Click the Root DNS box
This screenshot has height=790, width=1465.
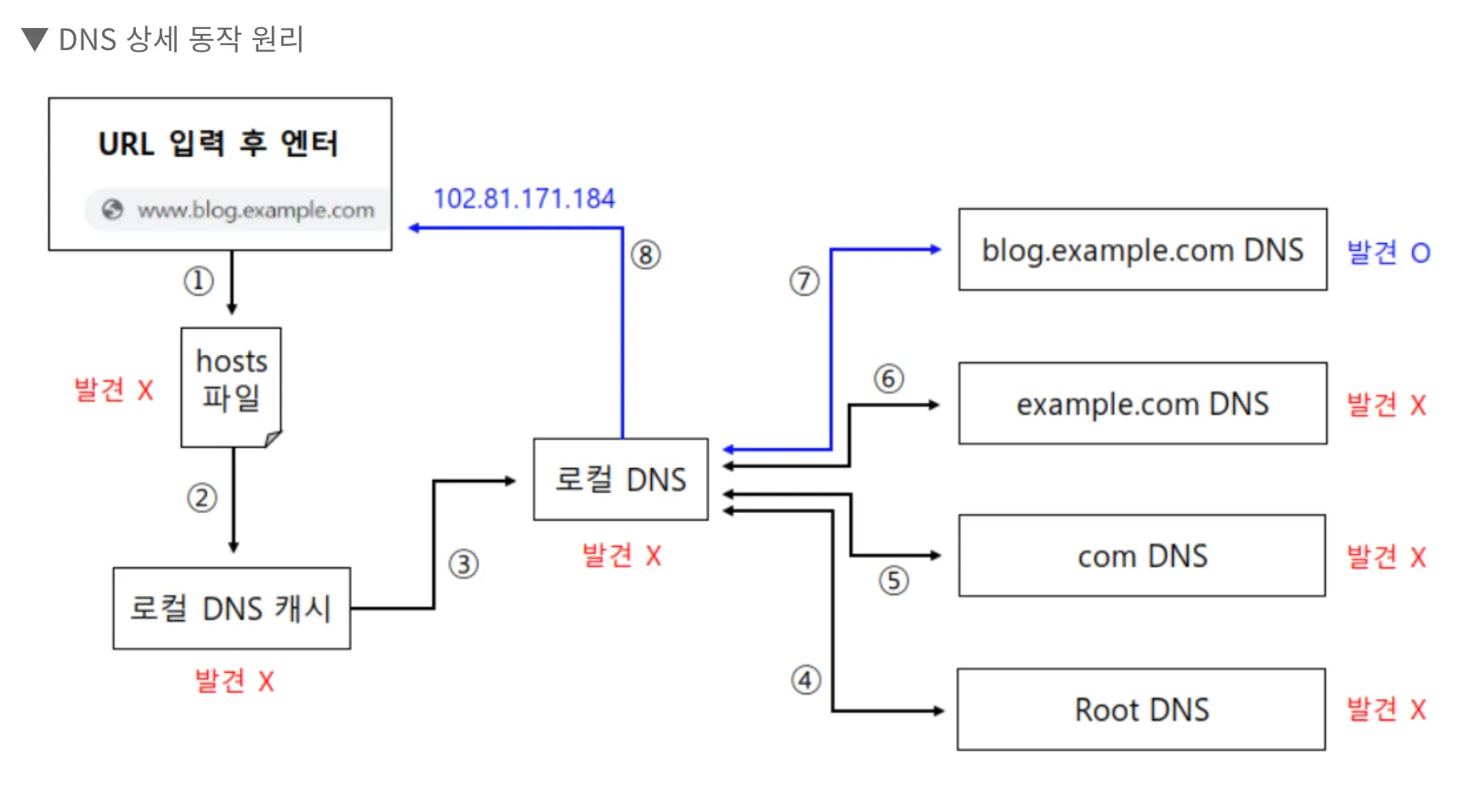pos(1141,709)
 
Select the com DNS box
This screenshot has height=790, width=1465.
pos(1142,556)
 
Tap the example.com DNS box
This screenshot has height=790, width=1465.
pos(1142,403)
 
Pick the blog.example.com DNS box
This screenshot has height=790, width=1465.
pos(1142,250)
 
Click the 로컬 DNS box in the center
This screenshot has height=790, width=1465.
pos(620,479)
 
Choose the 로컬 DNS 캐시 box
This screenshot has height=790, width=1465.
pos(231,608)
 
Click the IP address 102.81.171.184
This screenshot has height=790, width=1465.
pos(523,199)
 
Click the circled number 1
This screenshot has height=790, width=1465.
pos(198,280)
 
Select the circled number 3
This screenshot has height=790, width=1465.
pos(463,564)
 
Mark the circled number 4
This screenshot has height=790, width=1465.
pos(806,680)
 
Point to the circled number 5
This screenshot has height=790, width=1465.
pos(893,581)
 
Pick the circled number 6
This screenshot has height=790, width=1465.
pos(889,379)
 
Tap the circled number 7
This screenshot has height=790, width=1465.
pos(804,281)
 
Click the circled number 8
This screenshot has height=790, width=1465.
pos(646,255)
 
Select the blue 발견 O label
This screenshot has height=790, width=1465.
pos(1389,252)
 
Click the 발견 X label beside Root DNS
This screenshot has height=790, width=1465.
pos(1386,709)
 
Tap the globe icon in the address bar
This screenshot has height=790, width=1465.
pos(112,210)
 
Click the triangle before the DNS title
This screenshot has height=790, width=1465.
pos(35,39)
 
